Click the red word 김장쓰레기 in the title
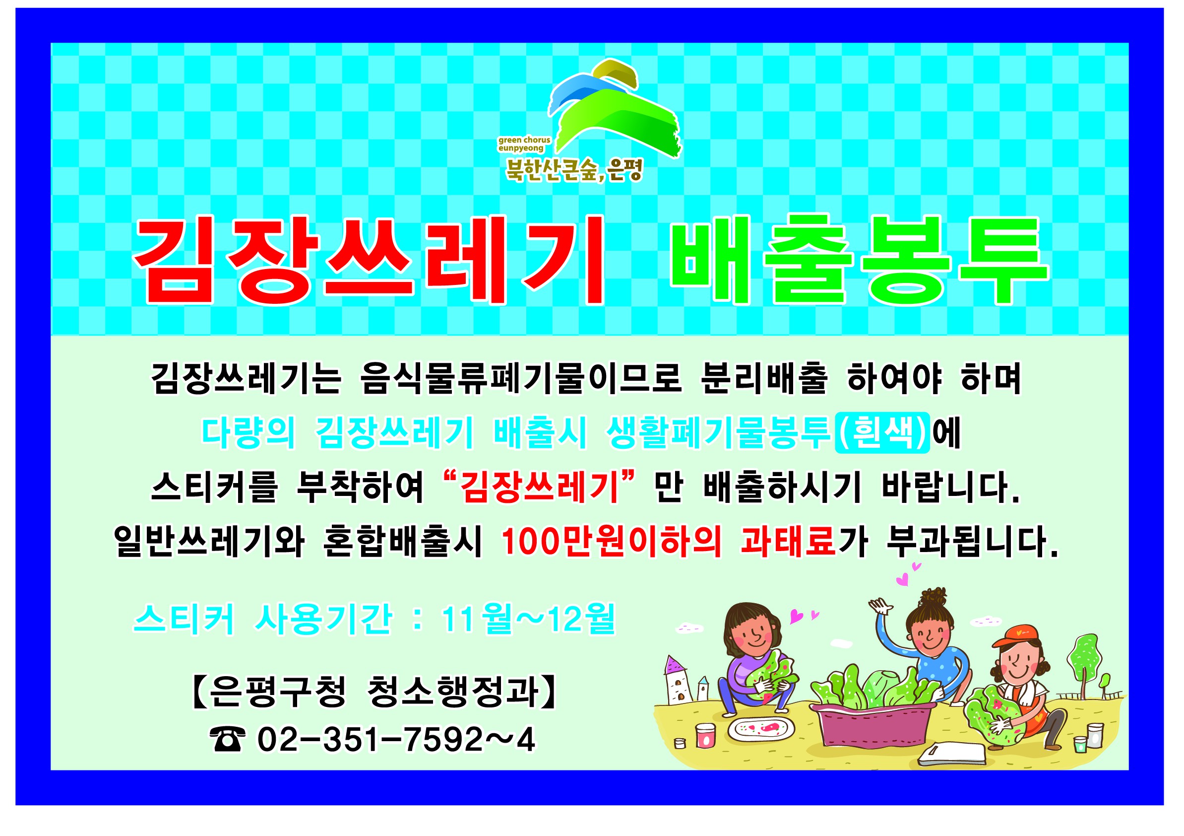[368, 260]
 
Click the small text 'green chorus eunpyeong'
[524, 144]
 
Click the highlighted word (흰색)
[882, 433]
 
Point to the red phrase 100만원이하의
[611, 542]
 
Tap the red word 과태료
[788, 542]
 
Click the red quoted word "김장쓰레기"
[539, 486]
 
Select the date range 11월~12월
[529, 619]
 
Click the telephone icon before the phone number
[227, 740]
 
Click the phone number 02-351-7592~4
[396, 740]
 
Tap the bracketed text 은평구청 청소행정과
[374, 692]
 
